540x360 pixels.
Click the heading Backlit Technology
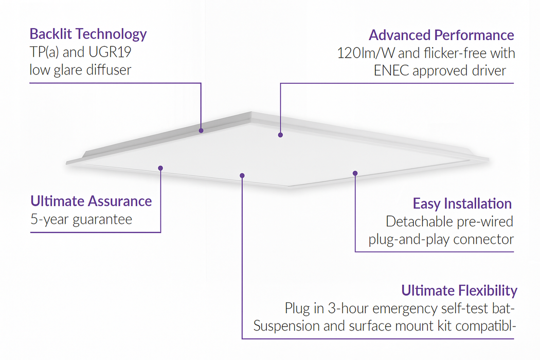tap(88, 34)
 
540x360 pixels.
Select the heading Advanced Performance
tap(441, 35)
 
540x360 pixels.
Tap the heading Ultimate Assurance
tap(91, 201)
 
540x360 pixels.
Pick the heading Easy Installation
tap(462, 204)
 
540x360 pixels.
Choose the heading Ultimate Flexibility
tap(459, 291)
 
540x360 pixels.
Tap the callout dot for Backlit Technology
tap(201, 131)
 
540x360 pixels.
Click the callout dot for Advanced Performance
tap(280, 135)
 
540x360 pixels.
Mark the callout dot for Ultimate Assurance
tap(160, 168)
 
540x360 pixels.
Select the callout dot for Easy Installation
tap(355, 173)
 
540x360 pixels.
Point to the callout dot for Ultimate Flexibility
tap(242, 175)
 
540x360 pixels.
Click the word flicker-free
tap(447, 53)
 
